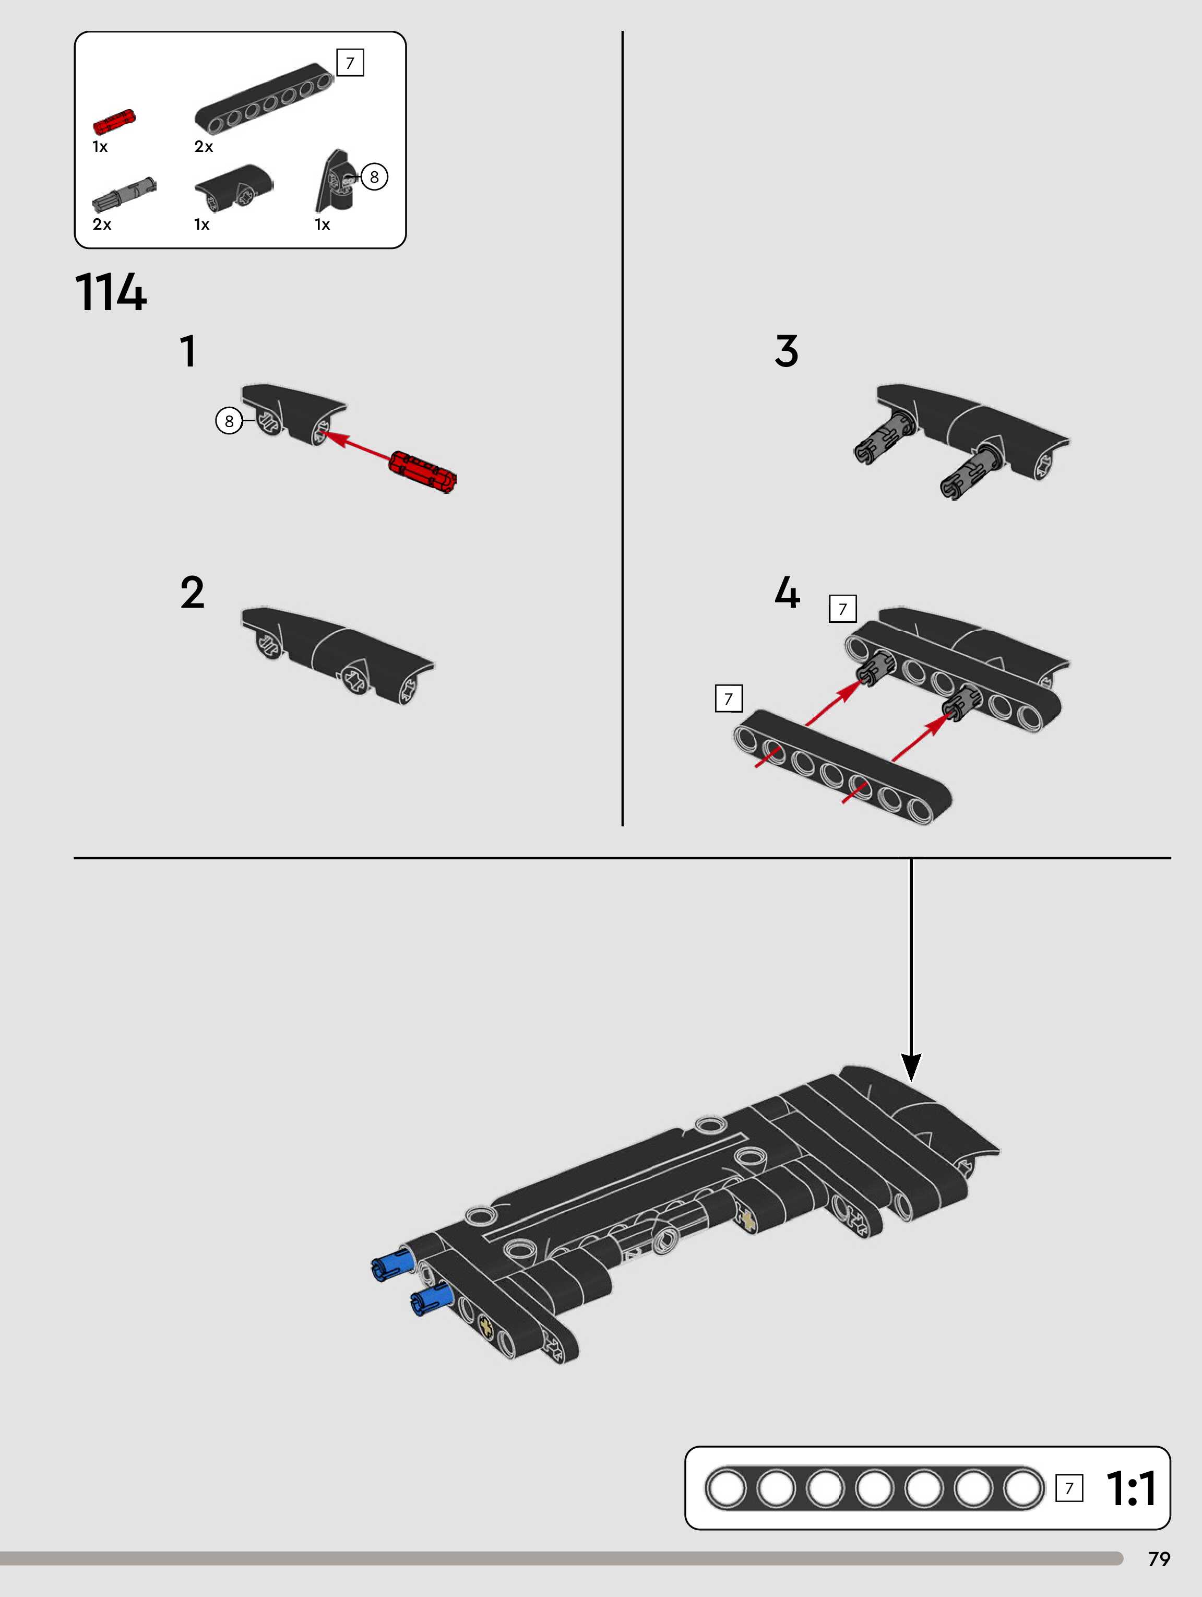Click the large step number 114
tap(111, 292)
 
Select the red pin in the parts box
tap(114, 122)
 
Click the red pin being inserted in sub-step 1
tap(422, 471)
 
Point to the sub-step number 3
tap(786, 351)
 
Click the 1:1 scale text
tap(1131, 1489)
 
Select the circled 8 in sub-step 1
tap(229, 421)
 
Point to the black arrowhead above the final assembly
tap(911, 1066)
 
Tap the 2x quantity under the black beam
tap(204, 147)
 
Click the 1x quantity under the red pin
tap(100, 147)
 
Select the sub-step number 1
tap(188, 351)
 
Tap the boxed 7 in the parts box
tap(350, 63)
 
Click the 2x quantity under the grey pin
tap(102, 224)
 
